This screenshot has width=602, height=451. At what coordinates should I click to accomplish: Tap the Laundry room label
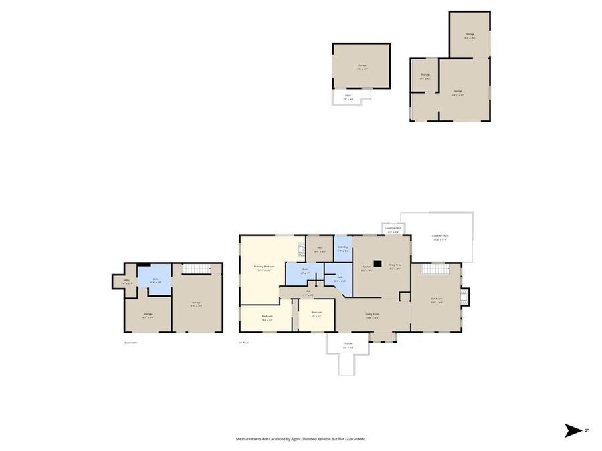pyautogui.click(x=342, y=249)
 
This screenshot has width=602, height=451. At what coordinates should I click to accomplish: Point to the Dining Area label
pyautogui.click(x=395, y=267)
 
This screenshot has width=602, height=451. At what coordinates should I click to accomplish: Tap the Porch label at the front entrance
pyautogui.click(x=348, y=347)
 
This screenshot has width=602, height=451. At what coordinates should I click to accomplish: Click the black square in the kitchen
pyautogui.click(x=378, y=264)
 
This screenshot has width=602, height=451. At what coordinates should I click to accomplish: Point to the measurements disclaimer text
pyautogui.click(x=301, y=439)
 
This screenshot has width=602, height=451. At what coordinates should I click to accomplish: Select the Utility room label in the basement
pyautogui.click(x=126, y=281)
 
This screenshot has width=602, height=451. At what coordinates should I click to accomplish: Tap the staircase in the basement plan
pyautogui.click(x=197, y=268)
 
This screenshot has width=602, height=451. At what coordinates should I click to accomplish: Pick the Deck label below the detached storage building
pyautogui.click(x=348, y=97)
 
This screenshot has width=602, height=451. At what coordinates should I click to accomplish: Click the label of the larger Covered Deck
pyautogui.click(x=440, y=237)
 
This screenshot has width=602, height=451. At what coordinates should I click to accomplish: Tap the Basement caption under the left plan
pyautogui.click(x=130, y=343)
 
